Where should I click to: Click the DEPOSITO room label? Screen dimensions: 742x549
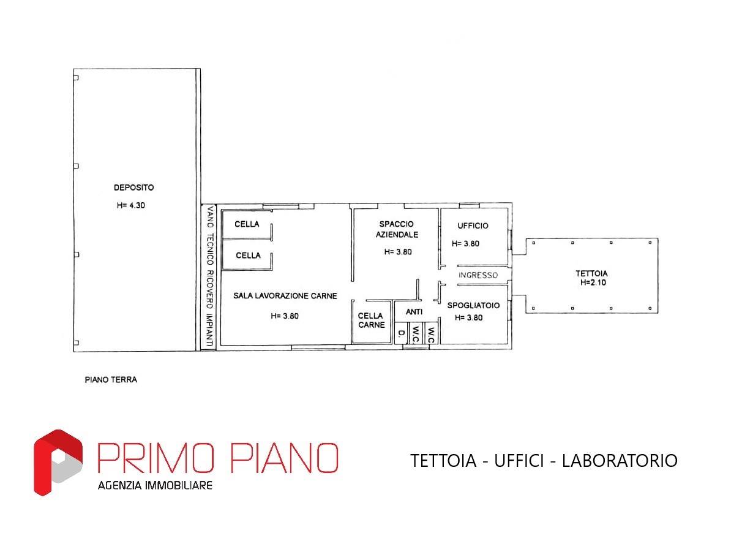pos(133,187)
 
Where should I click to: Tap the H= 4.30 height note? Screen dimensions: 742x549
pos(131,205)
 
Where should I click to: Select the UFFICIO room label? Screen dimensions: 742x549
pos(473,225)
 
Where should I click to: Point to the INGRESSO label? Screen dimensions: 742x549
pos(478,275)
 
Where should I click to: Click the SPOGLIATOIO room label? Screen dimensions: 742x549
pos(473,305)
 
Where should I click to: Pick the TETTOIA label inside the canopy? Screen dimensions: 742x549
pos(591,273)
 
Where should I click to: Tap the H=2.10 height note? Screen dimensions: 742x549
pos(593,282)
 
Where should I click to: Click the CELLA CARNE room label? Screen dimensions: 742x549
pos(370,320)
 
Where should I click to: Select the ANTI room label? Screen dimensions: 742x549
pos(414,311)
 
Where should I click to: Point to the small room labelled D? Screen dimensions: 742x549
pos(402,333)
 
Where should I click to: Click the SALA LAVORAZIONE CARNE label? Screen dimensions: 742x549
pos(285,295)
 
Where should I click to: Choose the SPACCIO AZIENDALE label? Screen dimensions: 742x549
pos(397,229)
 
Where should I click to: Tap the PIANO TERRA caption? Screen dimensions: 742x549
pos(111,379)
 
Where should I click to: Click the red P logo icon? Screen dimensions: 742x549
pos(58,462)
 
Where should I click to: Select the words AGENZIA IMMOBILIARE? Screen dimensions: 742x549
pos(155,485)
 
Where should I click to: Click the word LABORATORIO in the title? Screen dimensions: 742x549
pos(620,461)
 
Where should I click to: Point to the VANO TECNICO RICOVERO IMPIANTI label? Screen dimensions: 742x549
pos(210,276)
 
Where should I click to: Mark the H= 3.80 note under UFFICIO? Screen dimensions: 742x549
pos(465,243)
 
